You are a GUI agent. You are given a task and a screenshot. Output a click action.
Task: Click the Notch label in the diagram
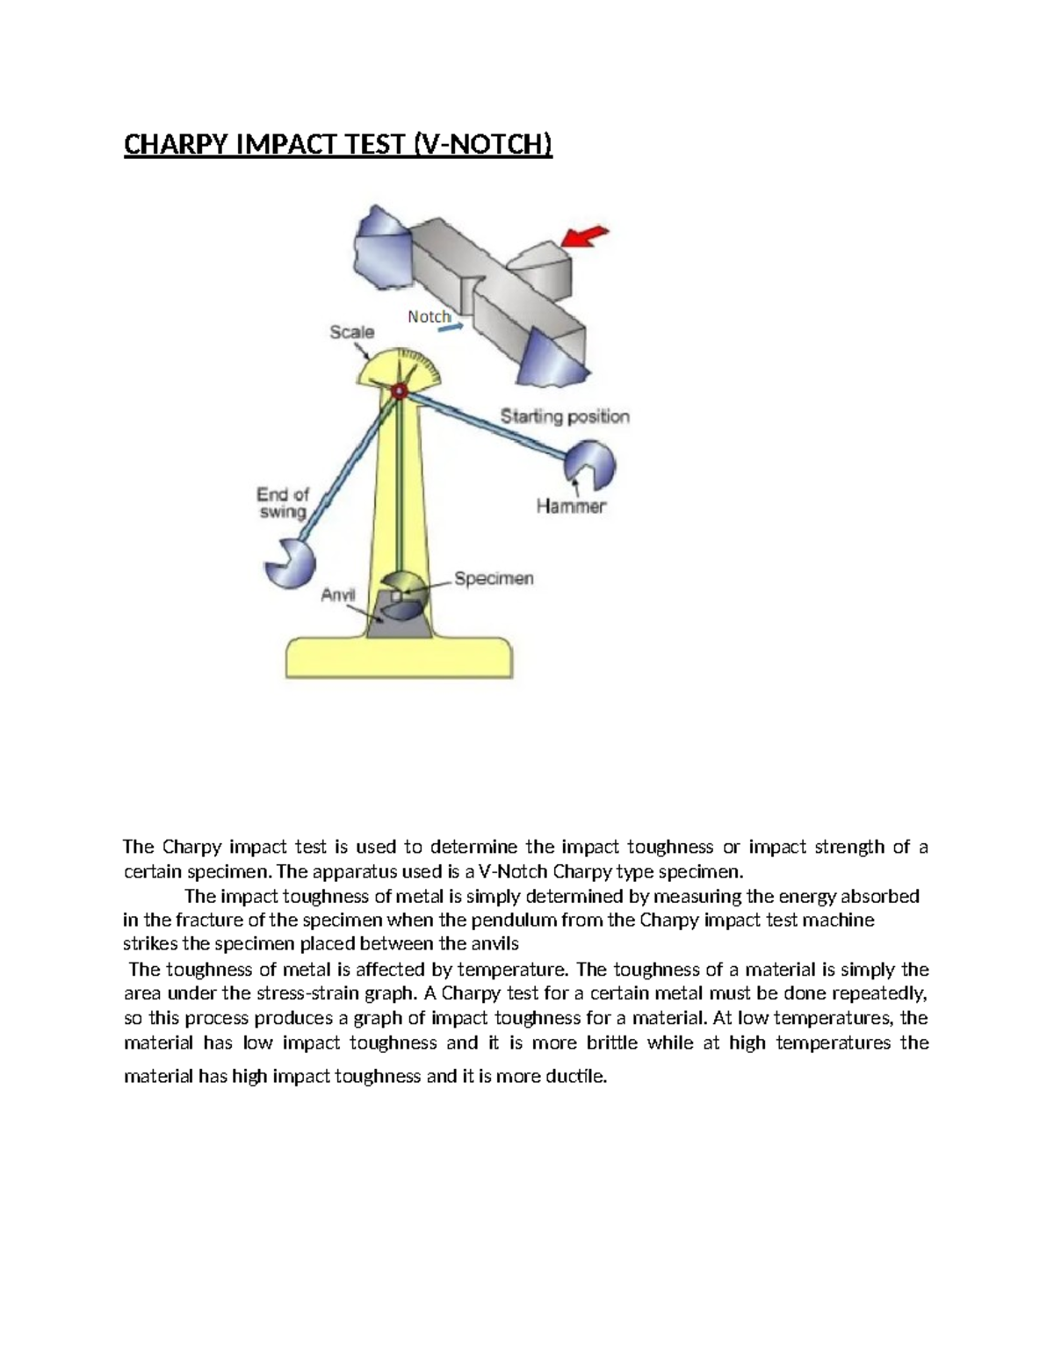click(429, 316)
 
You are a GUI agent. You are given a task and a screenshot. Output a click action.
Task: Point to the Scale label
click(351, 332)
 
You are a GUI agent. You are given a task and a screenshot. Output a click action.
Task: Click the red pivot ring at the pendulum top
click(400, 392)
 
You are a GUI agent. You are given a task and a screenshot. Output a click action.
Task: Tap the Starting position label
click(565, 416)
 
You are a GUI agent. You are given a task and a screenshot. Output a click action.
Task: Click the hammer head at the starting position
click(589, 466)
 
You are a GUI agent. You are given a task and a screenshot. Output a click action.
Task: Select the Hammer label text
click(571, 506)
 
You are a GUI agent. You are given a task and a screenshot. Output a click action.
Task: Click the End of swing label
click(282, 502)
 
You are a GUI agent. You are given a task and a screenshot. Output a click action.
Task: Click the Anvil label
click(337, 595)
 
